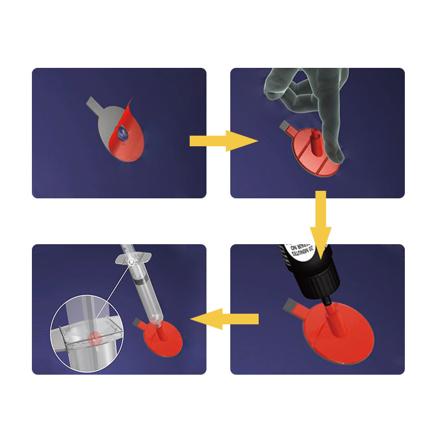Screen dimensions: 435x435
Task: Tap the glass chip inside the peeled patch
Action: point(124,133)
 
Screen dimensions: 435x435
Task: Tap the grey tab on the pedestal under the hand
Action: point(285,125)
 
